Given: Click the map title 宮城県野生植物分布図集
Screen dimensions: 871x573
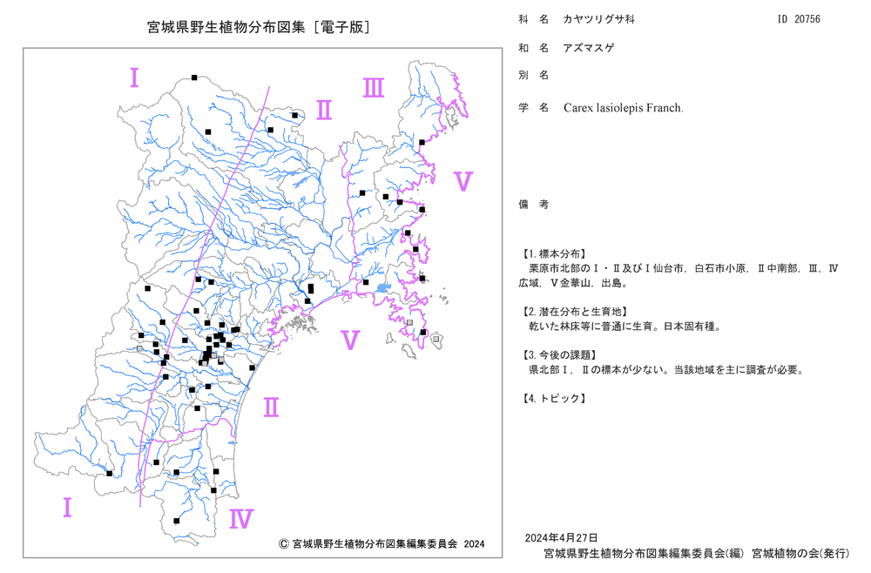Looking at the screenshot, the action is click(226, 27).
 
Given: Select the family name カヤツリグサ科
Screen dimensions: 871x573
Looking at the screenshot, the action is click(599, 19).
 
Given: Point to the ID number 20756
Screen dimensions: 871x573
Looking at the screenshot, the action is click(807, 19).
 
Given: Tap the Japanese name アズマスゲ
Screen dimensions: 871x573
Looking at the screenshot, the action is click(589, 48).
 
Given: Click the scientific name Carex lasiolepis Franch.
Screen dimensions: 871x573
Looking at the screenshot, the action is click(624, 108).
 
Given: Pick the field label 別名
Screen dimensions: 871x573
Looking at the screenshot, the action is click(534, 75).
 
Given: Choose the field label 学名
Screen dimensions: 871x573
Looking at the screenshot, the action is click(534, 108).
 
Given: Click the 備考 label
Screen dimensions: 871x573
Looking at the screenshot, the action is click(534, 205).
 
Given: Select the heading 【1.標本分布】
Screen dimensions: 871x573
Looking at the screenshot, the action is click(553, 253).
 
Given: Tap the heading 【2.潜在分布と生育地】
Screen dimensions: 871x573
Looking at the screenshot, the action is click(575, 312).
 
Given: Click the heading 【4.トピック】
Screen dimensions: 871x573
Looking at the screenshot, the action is click(553, 398).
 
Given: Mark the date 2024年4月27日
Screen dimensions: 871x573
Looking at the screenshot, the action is click(562, 537).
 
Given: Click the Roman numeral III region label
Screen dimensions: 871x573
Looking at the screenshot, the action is click(374, 88).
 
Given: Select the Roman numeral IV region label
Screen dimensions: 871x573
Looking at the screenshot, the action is click(241, 519).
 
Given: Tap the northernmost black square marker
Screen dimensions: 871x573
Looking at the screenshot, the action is click(194, 78).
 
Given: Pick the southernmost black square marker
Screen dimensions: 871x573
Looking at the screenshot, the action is click(177, 521).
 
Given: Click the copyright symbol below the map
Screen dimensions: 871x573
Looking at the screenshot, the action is click(283, 543).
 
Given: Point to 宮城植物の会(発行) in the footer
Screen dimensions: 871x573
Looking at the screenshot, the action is click(800, 554).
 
